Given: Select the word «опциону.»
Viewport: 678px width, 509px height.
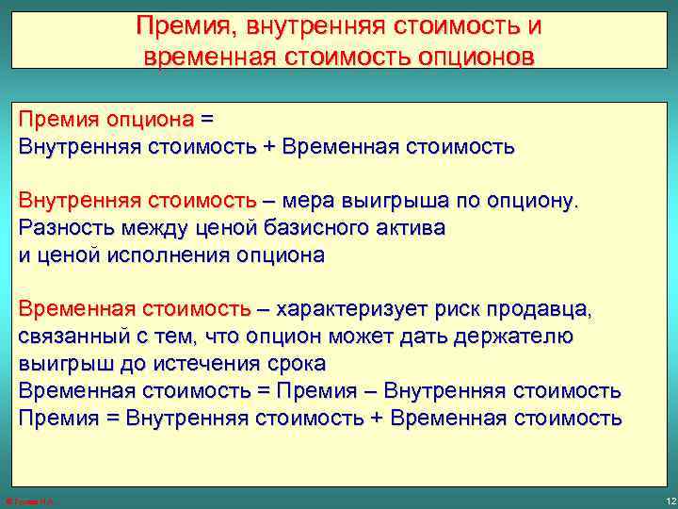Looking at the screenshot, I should pyautogui.click(x=537, y=201).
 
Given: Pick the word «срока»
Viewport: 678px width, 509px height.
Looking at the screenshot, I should pyautogui.click(x=297, y=363).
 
